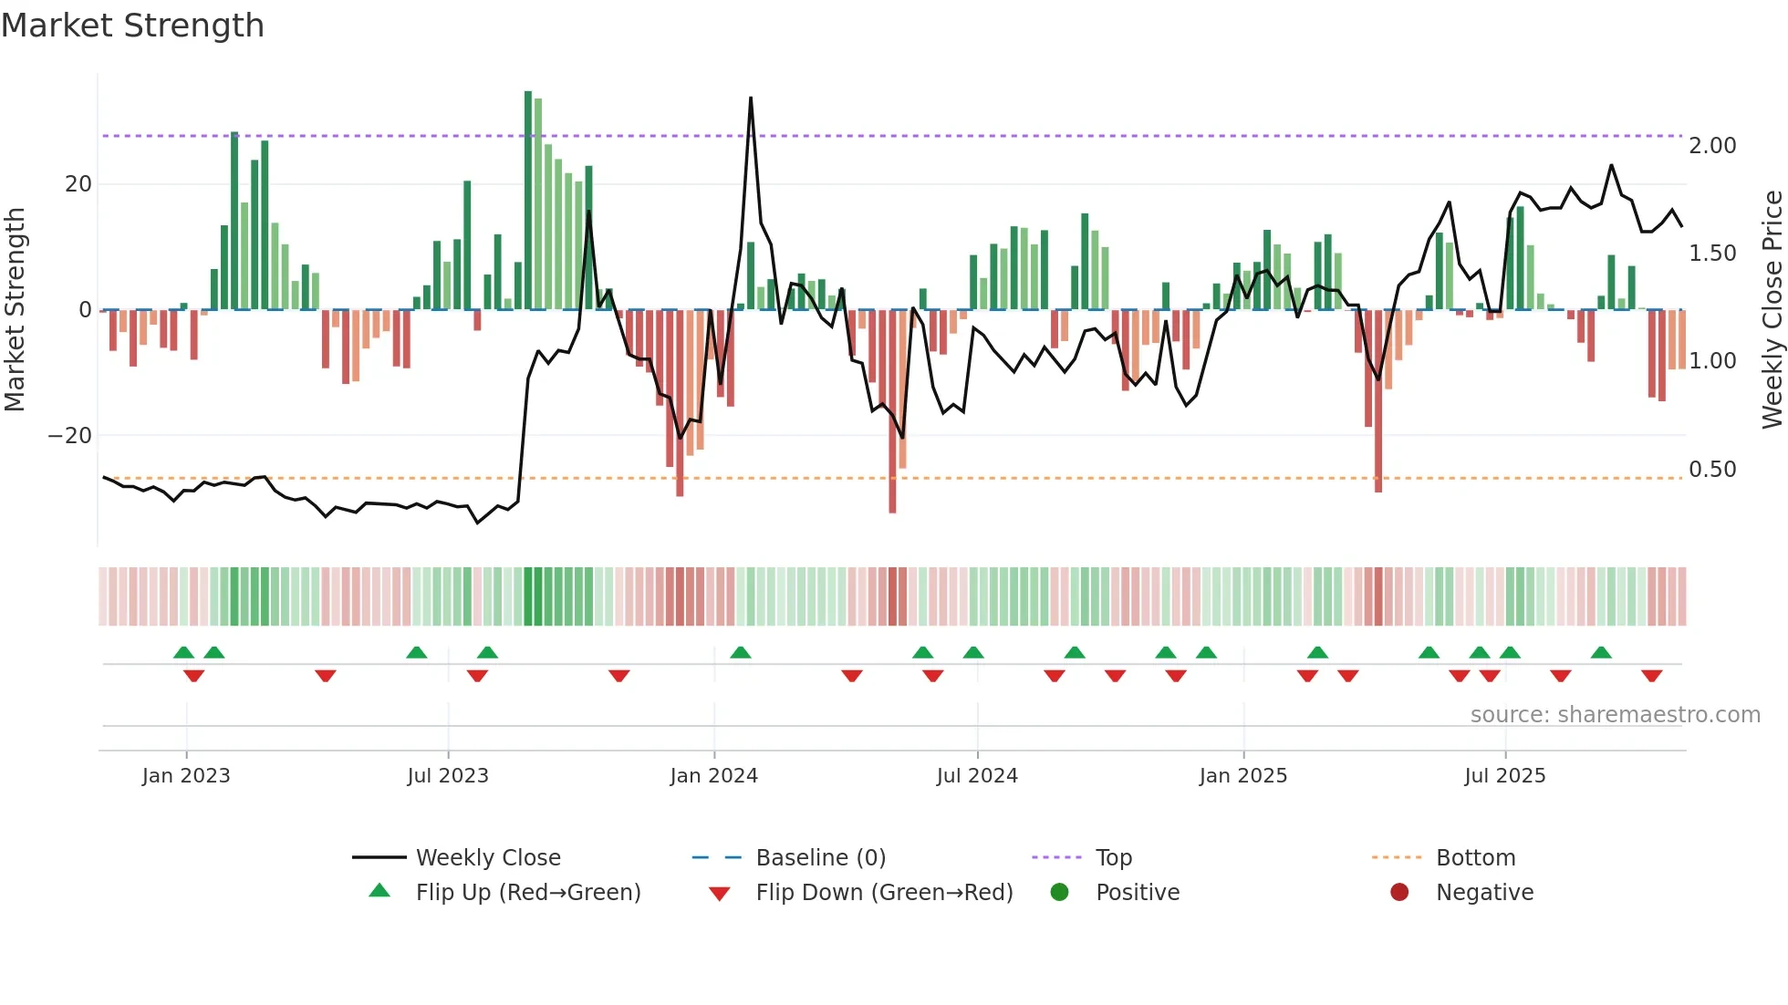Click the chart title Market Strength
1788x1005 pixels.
[132, 26]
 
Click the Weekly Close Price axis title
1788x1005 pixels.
[1772, 309]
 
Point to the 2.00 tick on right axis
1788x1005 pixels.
[1712, 146]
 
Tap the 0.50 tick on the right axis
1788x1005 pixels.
[1712, 470]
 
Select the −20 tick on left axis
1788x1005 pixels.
[70, 436]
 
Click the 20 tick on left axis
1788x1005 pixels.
[78, 184]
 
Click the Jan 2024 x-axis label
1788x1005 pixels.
[713, 776]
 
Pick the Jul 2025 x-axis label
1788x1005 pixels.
[1504, 776]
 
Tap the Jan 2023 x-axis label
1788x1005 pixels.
[186, 776]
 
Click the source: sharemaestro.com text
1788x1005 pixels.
[1615, 715]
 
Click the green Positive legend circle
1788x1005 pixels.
[1059, 892]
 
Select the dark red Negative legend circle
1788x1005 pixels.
[1399, 892]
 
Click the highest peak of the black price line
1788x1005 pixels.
[751, 98]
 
